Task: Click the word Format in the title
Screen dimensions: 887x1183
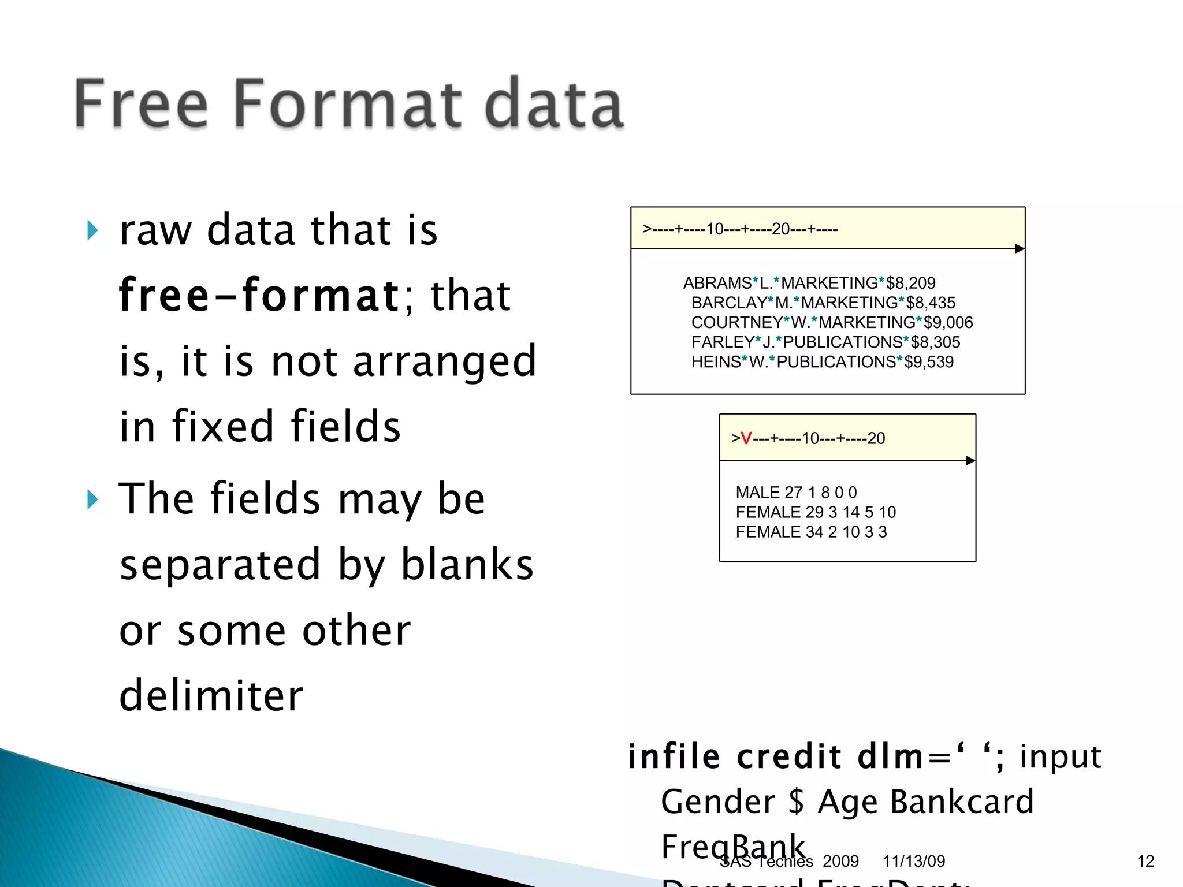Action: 348,104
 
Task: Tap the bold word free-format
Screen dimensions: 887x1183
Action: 258,295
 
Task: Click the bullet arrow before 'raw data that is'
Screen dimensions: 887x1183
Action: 92,230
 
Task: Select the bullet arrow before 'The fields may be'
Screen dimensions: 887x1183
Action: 92,499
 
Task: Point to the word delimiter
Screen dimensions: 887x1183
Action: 211,695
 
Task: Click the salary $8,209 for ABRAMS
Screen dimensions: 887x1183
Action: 911,283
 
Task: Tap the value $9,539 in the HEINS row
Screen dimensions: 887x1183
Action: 929,362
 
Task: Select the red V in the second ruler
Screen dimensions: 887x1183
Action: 746,439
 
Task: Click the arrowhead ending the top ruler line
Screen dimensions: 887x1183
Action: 1020,249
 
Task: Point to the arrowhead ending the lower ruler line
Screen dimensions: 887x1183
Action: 970,461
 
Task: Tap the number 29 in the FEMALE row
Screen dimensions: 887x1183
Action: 814,512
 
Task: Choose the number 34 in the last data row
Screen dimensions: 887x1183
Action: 814,532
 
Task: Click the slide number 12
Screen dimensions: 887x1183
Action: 1145,861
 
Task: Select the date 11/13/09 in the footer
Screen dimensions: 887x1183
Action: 914,861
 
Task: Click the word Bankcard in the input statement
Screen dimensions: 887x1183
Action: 962,802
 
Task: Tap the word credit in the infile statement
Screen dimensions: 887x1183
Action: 790,756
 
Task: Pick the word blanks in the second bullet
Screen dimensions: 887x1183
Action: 467,564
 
